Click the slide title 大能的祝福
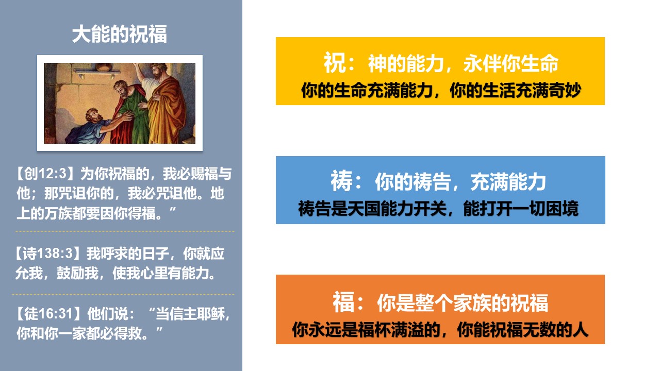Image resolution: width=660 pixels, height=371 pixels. [x=119, y=34]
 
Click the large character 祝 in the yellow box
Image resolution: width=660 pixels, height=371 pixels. [x=335, y=63]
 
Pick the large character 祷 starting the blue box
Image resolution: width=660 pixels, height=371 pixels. [x=341, y=181]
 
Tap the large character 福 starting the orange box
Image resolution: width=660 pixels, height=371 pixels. [x=343, y=302]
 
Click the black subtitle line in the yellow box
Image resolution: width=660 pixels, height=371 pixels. [x=441, y=90]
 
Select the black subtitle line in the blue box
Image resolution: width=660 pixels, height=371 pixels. [x=438, y=209]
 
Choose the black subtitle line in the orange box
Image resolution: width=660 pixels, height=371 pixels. [x=440, y=329]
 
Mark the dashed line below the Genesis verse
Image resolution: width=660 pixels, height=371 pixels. [x=125, y=232]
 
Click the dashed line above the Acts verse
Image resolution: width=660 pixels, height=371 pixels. [x=123, y=294]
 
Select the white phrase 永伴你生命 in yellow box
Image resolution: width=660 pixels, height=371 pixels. [x=510, y=63]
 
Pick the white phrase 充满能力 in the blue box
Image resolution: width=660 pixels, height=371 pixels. [x=508, y=182]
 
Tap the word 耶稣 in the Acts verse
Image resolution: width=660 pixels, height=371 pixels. [x=211, y=314]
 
